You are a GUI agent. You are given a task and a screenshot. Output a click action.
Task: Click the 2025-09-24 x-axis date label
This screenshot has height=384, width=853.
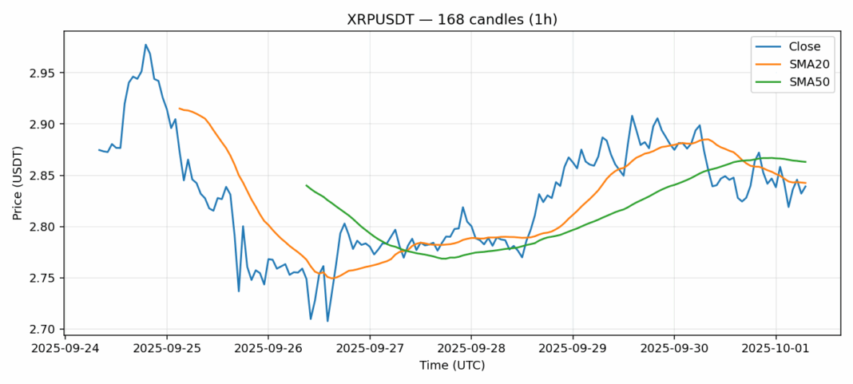tap(65, 348)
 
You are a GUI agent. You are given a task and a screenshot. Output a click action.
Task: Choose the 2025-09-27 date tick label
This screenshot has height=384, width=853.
tap(370, 348)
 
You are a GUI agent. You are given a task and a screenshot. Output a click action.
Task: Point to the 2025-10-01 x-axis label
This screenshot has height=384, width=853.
tap(776, 348)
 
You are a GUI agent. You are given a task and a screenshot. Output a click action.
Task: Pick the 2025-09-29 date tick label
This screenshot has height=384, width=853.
tap(573, 348)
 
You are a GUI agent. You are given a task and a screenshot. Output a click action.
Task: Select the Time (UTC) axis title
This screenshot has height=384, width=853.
tap(452, 366)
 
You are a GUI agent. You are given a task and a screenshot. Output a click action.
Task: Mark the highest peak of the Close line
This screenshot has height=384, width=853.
tap(145, 45)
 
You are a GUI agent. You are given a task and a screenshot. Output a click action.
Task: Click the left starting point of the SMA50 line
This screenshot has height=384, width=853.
tap(306, 185)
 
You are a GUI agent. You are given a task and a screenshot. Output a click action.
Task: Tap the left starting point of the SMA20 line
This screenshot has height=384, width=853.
tap(180, 108)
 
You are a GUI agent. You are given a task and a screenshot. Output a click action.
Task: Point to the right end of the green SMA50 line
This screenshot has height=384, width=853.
tap(805, 162)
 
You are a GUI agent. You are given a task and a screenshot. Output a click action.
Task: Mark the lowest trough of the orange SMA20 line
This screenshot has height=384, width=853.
tap(331, 278)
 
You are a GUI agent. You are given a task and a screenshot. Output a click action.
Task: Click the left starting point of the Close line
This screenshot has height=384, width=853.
tap(99, 150)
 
